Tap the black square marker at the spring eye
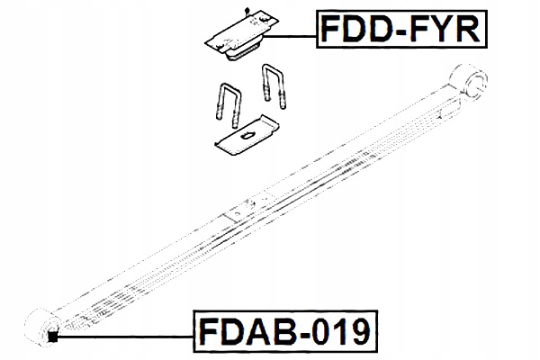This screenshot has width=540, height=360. click(x=52, y=337)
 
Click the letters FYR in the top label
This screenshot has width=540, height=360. click(x=448, y=32)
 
